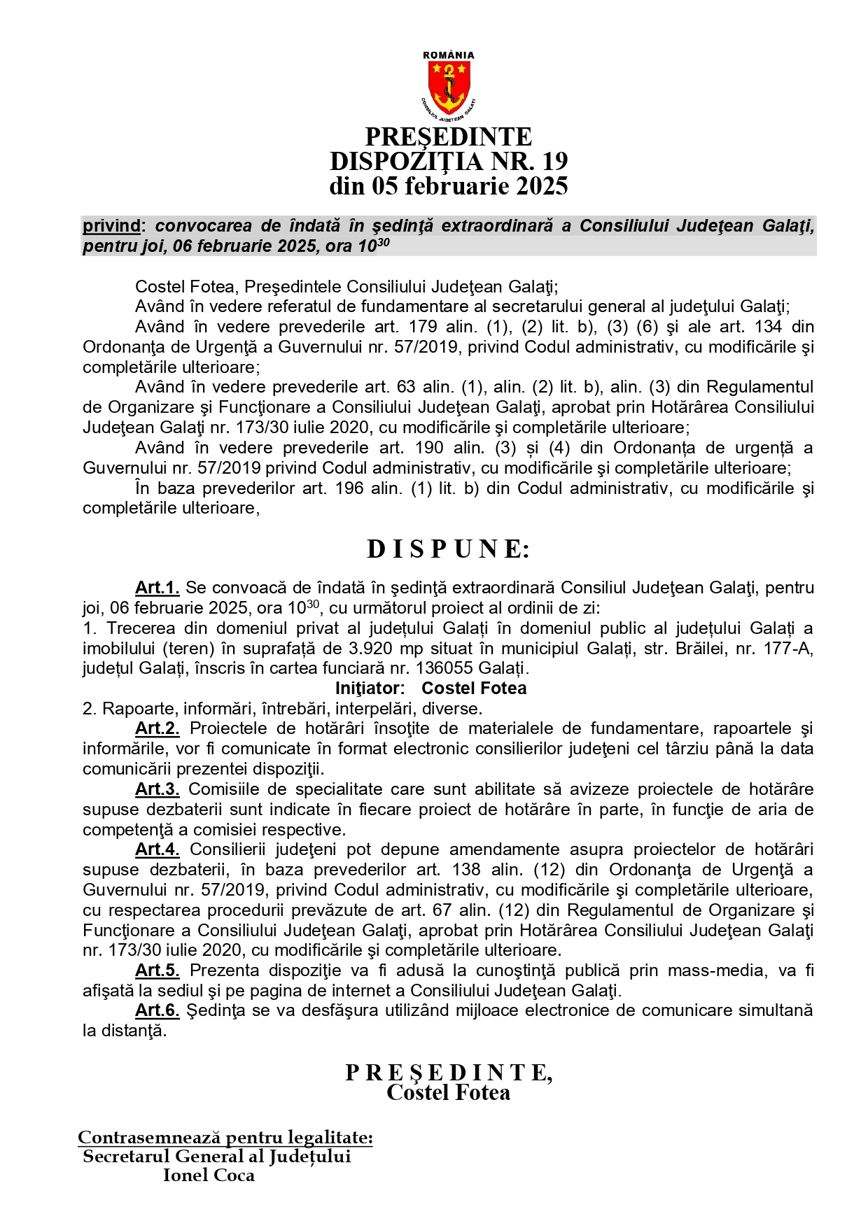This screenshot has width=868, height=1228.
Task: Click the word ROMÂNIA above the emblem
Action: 449,55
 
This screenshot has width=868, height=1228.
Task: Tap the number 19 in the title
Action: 554,162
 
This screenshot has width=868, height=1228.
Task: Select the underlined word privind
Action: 111,226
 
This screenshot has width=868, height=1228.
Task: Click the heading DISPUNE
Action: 448,549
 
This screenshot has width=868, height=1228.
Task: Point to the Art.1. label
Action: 157,588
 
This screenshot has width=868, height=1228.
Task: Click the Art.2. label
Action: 157,729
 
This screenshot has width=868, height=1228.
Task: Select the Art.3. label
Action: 157,789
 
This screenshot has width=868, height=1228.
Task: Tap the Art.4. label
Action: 157,850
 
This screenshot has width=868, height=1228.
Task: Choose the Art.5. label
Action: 157,971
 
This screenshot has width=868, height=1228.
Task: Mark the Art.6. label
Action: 157,1011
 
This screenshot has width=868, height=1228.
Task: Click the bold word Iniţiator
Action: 370,689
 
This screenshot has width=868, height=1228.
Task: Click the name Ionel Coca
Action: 209,1176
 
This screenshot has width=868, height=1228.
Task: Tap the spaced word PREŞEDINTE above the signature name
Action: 448,1073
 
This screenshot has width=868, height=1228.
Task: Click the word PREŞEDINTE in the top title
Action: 449,137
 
